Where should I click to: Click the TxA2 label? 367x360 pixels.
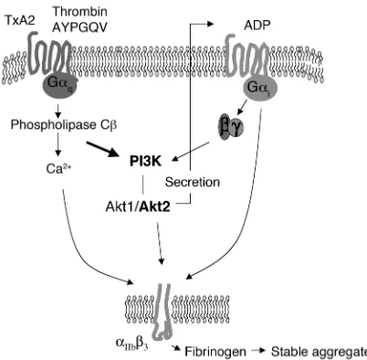tap(20, 20)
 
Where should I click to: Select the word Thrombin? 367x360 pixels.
tap(80, 12)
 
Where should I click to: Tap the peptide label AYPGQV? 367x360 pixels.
tap(80, 27)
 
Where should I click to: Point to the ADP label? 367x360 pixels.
tap(257, 26)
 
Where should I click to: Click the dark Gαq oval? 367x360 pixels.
tap(59, 86)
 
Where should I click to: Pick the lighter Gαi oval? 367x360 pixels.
tap(260, 88)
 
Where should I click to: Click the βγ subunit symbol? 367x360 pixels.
tap(231, 128)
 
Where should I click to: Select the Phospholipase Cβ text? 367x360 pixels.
tap(64, 125)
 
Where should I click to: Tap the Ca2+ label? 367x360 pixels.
tap(58, 169)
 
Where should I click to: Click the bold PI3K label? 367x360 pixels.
tap(145, 162)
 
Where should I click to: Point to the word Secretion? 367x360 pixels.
tap(193, 182)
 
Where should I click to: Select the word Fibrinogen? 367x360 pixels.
tap(215, 352)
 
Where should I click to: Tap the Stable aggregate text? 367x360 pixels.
tap(319, 352)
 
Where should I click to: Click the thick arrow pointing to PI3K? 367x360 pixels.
tap(102, 149)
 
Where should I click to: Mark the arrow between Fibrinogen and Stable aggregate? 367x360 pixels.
tap(258, 351)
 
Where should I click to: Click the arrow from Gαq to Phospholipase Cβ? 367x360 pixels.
tap(58, 111)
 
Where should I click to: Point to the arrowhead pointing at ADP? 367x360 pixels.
tap(211, 24)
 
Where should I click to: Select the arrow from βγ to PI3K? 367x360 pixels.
tap(191, 152)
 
